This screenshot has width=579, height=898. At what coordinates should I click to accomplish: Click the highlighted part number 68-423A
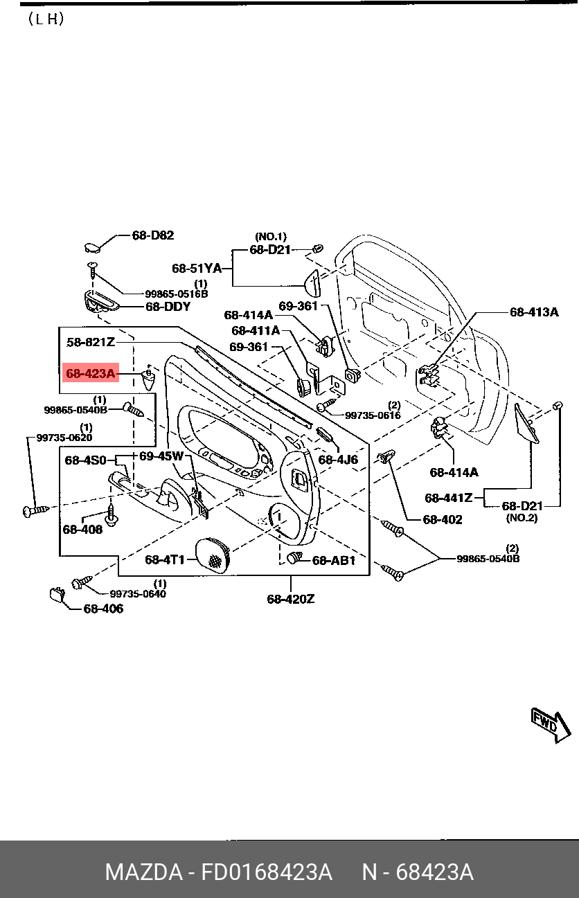[x=91, y=374]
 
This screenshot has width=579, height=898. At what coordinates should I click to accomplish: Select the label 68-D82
[x=152, y=235]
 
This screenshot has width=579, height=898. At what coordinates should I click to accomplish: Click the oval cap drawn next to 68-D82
[x=92, y=246]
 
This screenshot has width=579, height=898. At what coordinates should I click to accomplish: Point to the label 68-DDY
[x=168, y=306]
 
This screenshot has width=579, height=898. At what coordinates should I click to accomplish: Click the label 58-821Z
[x=90, y=342]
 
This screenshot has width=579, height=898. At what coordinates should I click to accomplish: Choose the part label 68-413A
[x=533, y=312]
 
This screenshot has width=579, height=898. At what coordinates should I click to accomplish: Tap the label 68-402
[x=443, y=519]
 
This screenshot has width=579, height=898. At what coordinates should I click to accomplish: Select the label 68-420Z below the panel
[x=291, y=599]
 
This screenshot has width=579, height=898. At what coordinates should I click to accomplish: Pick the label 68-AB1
[x=333, y=560]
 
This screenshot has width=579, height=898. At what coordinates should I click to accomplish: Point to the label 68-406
[x=103, y=609]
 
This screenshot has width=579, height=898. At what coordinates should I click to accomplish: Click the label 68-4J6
[x=338, y=459]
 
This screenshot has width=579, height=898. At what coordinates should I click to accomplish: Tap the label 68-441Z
[x=448, y=497]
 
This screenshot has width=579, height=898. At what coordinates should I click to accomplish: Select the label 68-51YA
[x=197, y=269]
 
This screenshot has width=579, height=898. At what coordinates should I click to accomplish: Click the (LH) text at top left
[x=46, y=19]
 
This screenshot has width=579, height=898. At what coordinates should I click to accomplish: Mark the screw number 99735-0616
[x=373, y=415]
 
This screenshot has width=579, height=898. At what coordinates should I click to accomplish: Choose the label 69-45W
[x=161, y=456]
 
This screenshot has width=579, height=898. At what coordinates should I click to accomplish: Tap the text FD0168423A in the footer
[x=267, y=872]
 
